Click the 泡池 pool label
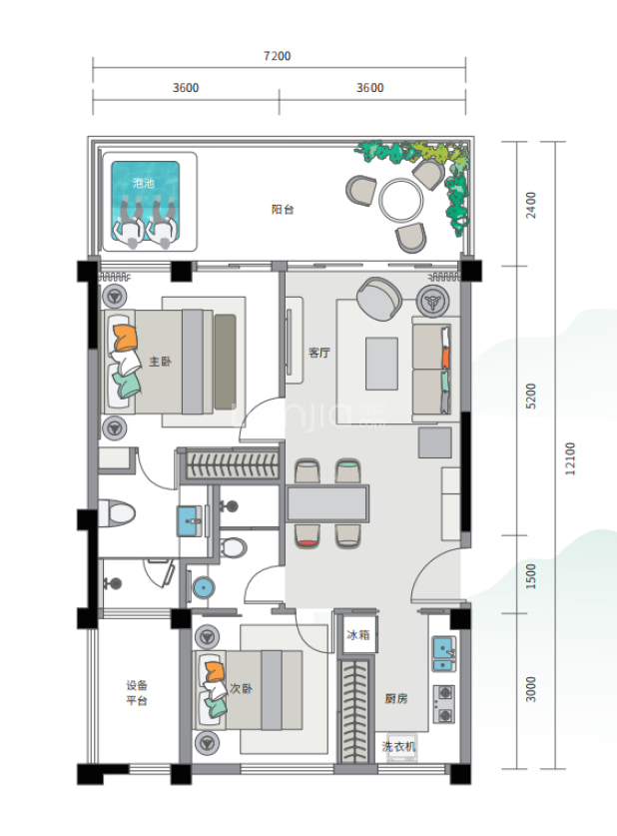coord(144,184)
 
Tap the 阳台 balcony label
coord(283,210)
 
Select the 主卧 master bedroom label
coord(160,362)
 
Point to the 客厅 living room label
coord(319,353)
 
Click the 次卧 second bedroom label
coord(241,688)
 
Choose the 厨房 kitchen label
coord(396,698)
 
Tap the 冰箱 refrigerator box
coord(359,634)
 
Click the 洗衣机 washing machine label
coord(398,746)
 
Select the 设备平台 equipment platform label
coord(137,692)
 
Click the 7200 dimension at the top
coord(278,56)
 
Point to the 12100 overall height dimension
coord(570,458)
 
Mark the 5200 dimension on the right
coord(531,396)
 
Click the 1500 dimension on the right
coord(531,576)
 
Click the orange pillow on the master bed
coord(125,338)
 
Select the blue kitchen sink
coord(444,654)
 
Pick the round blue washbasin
coord(203,587)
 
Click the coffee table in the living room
coord(381,364)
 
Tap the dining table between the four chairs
coord(327,503)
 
